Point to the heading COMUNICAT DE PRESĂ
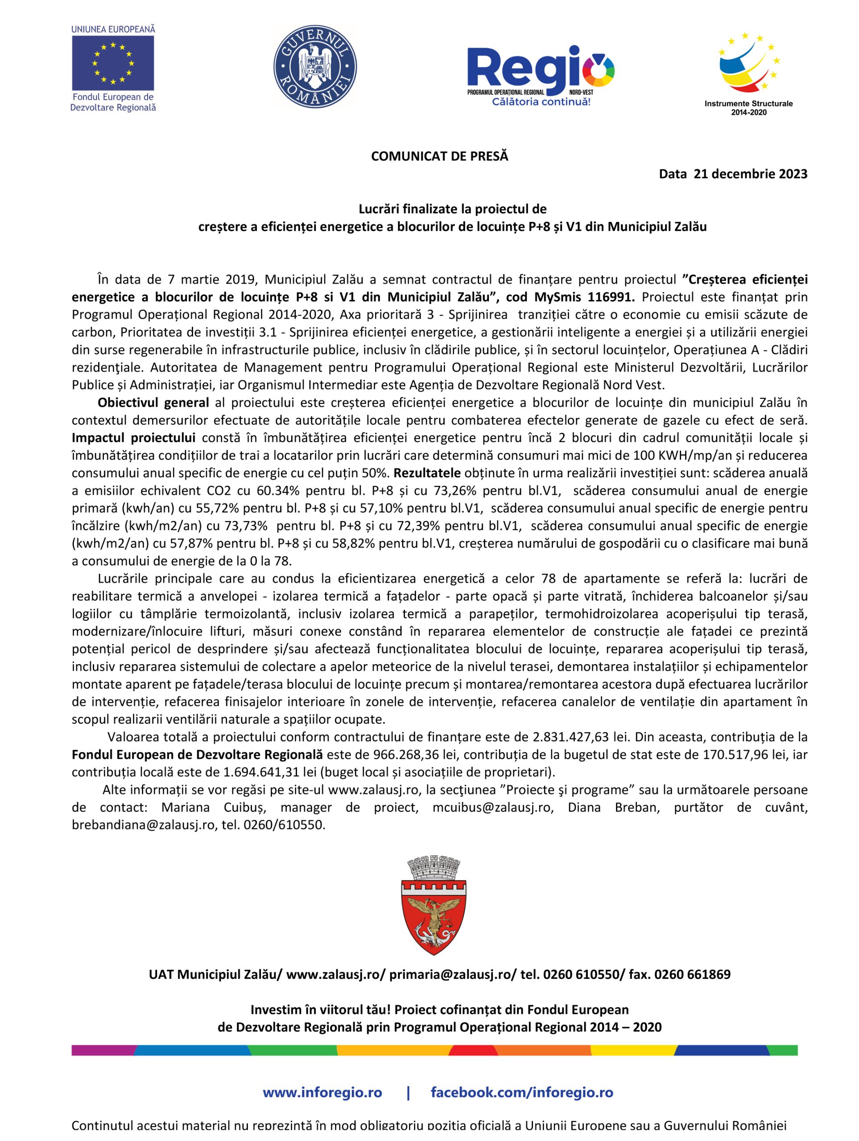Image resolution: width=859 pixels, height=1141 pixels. tap(439, 156)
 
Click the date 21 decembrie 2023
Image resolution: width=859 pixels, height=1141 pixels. tap(750, 174)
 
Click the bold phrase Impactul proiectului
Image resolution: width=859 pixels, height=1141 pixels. tap(133, 437)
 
